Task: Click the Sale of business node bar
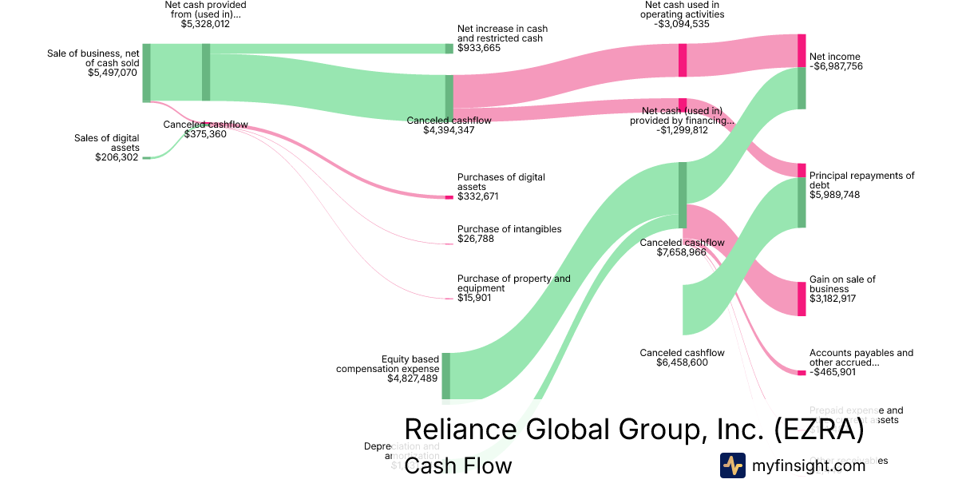(x=146, y=73)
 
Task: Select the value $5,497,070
(x=113, y=73)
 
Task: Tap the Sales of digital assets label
(x=106, y=143)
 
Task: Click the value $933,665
(x=479, y=48)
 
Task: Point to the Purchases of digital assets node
(x=449, y=196)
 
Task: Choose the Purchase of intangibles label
(x=509, y=229)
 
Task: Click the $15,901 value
(x=474, y=298)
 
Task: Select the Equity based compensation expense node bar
(x=445, y=375)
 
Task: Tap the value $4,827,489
(x=413, y=378)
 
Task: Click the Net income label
(x=834, y=57)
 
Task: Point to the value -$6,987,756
(x=836, y=66)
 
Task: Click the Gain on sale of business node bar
(x=802, y=299)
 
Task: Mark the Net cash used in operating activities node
(x=683, y=60)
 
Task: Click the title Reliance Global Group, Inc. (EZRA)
(x=634, y=429)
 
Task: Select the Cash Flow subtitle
(x=457, y=465)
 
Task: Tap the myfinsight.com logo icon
(x=732, y=465)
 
